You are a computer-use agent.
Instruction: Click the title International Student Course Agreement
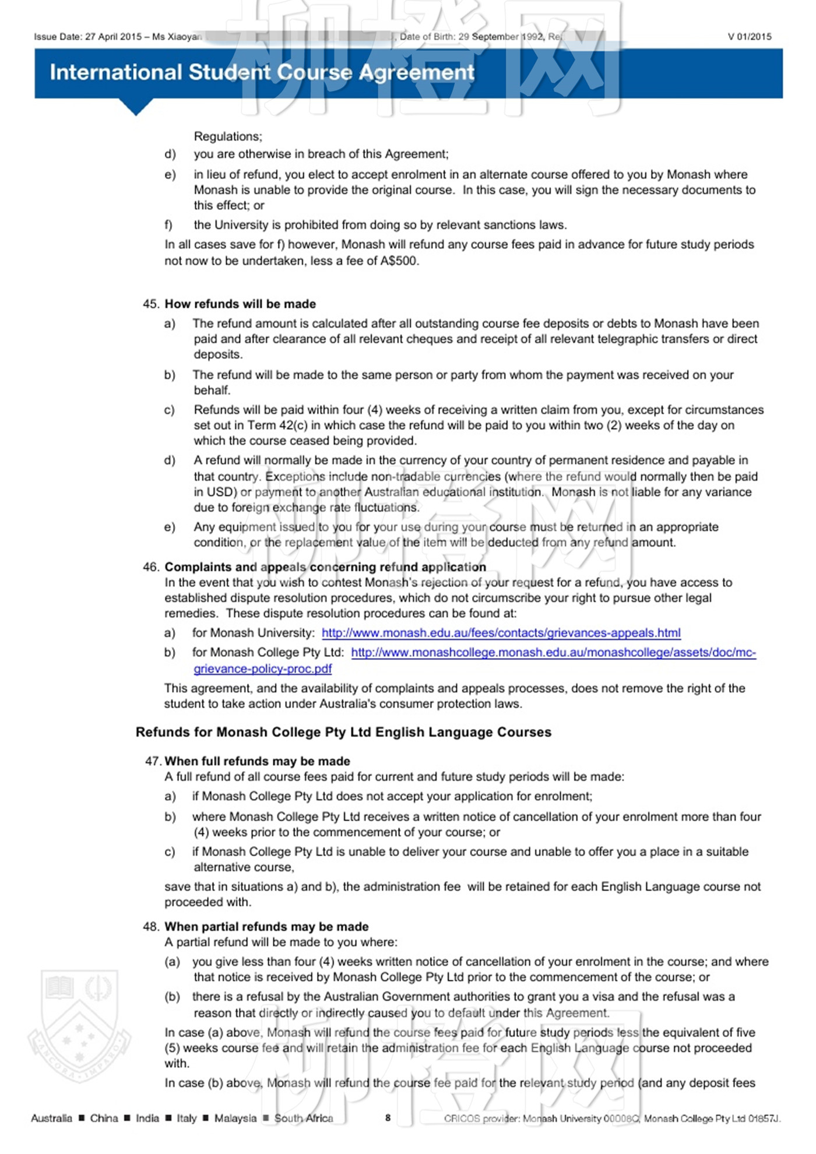click(x=262, y=72)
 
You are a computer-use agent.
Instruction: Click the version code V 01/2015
click(x=749, y=37)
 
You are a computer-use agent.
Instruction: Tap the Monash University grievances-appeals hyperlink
click(x=501, y=633)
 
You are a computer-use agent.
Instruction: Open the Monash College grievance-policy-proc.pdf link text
click(x=262, y=669)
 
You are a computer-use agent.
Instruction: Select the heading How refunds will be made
click(x=240, y=304)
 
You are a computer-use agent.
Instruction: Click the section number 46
click(x=150, y=567)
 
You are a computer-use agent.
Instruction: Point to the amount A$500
click(x=399, y=261)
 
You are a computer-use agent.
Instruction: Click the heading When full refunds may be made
click(x=257, y=761)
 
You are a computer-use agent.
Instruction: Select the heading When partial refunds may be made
click(x=266, y=927)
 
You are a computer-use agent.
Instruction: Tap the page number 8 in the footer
click(x=388, y=1118)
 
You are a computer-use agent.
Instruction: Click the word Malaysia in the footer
click(x=235, y=1118)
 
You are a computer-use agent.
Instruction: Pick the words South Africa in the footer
click(x=304, y=1118)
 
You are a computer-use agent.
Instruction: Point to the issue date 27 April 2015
click(x=113, y=37)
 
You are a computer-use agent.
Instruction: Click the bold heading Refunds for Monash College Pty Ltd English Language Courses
click(x=343, y=733)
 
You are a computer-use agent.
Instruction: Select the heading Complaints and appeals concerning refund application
click(x=325, y=567)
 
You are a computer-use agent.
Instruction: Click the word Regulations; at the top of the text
click(x=228, y=136)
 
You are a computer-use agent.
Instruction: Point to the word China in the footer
click(x=104, y=1118)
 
